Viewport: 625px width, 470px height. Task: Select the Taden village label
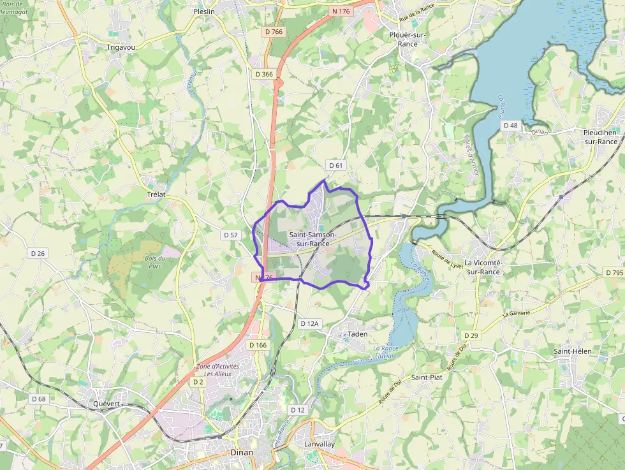click(358, 334)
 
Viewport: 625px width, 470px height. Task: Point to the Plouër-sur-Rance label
click(408, 39)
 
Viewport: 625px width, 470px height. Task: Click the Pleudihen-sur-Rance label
click(600, 136)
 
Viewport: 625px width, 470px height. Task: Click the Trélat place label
click(156, 194)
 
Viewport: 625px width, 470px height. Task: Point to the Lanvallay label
click(320, 444)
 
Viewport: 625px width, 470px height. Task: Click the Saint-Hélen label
click(572, 351)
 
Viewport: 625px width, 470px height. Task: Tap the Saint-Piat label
click(427, 378)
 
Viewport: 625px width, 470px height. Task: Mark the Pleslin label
click(204, 11)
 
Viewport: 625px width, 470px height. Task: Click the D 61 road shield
click(335, 166)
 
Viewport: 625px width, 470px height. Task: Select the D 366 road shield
click(264, 74)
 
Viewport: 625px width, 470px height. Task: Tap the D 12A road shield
click(309, 324)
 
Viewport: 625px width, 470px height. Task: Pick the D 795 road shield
click(614, 273)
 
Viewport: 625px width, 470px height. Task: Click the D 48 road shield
click(510, 126)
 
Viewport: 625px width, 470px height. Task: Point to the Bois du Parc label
click(155, 261)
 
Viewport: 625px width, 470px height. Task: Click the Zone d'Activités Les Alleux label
click(217, 370)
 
